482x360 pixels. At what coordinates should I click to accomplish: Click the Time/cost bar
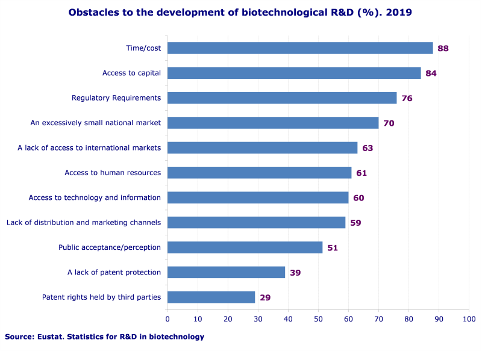[300, 48]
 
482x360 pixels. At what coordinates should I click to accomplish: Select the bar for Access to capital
[294, 73]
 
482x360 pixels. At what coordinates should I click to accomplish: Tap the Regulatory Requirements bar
[282, 98]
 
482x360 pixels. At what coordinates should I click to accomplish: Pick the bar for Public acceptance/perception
[245, 247]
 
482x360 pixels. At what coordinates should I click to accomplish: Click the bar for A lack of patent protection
[226, 272]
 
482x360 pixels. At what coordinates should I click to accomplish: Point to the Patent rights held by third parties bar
[211, 297]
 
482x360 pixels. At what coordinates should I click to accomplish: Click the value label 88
[443, 48]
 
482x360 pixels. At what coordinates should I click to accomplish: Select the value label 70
[389, 123]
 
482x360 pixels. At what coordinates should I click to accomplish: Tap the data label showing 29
[265, 297]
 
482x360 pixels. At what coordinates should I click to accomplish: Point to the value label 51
[333, 247]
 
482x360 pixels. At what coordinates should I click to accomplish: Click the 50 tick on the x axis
[318, 318]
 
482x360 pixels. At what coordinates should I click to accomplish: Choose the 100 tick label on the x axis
[469, 318]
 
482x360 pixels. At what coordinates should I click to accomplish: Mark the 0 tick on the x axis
[167, 318]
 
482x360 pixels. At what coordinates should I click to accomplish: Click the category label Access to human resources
[113, 173]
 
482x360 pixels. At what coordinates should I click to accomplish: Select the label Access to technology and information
[95, 197]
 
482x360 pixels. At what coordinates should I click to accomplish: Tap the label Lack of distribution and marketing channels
[84, 222]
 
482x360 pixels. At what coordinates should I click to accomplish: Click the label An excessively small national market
[96, 123]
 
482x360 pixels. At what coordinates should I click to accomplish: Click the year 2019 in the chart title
[400, 12]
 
